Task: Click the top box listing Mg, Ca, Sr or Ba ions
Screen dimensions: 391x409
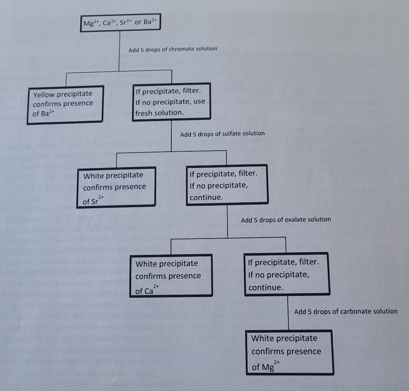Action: coord(120,23)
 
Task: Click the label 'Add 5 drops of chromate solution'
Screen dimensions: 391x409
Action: coord(173,49)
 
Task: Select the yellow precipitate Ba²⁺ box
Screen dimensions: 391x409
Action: coord(65,104)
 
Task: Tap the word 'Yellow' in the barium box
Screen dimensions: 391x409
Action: coord(44,95)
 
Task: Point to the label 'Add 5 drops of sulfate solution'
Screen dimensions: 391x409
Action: coord(222,134)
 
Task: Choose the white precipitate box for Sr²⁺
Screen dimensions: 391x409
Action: coord(117,187)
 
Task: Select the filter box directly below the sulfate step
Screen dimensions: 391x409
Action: coord(227,185)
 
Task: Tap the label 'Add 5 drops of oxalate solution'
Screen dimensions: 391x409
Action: coord(286,219)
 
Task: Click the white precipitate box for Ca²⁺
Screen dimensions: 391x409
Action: coord(171,276)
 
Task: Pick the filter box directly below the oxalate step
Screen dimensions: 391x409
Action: coord(286,274)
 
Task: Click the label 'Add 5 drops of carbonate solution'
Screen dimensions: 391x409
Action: coord(346,311)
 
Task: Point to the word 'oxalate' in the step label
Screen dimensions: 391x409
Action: coord(295,219)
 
